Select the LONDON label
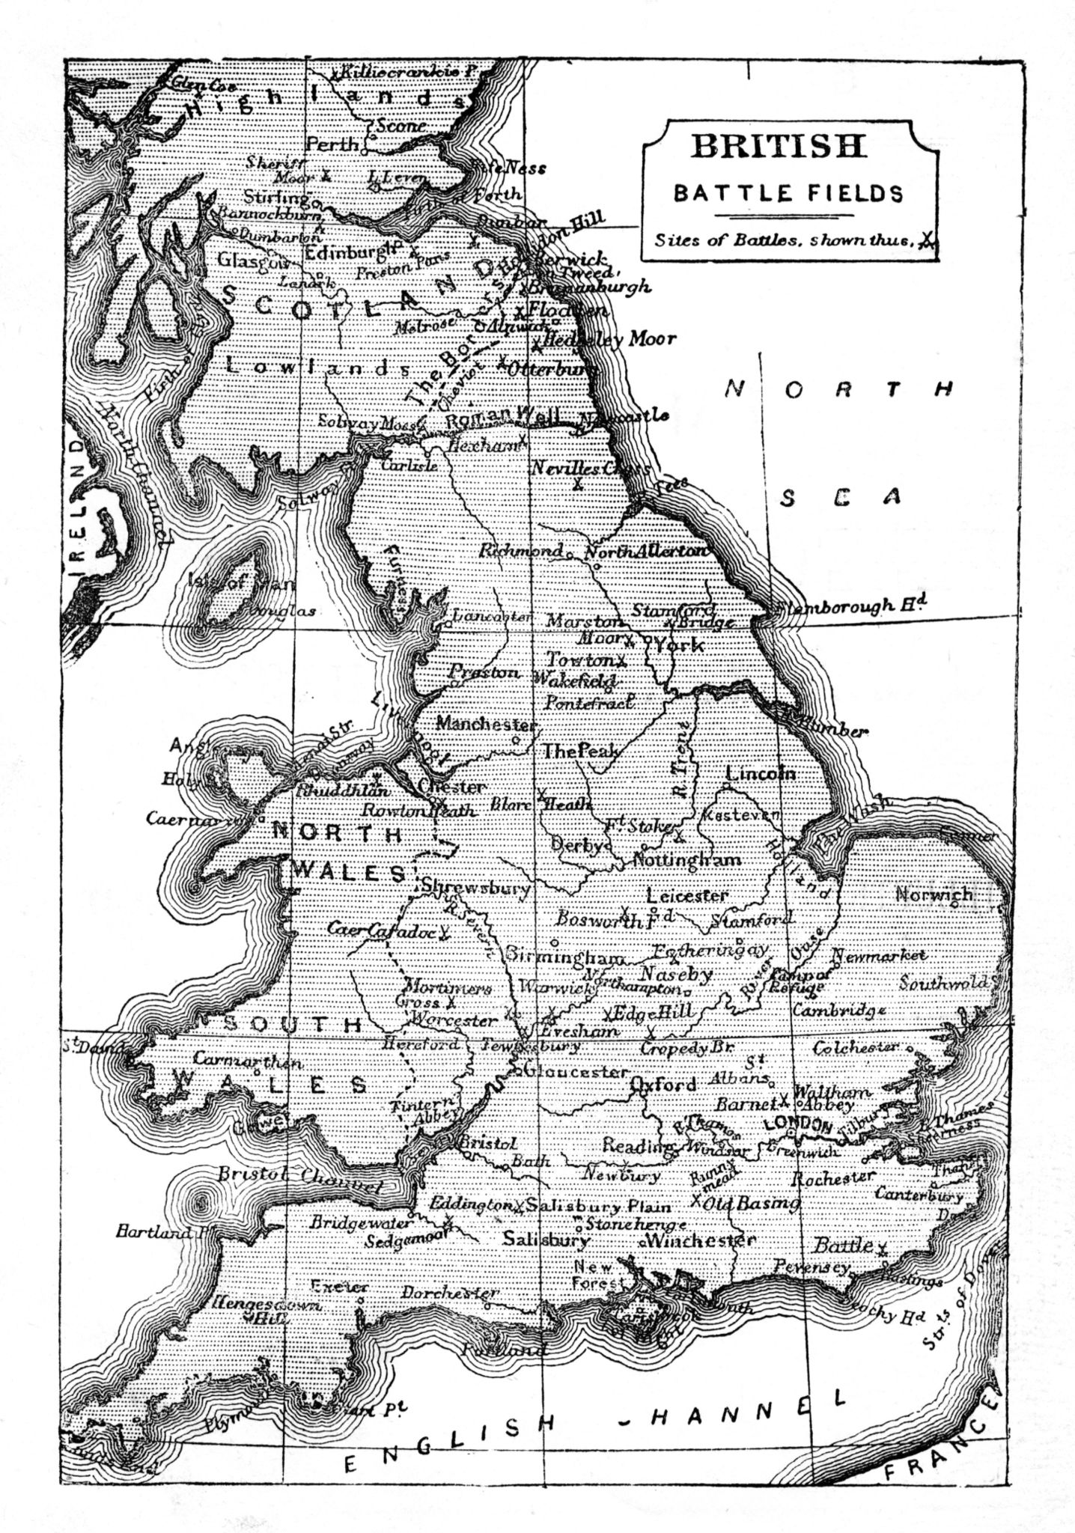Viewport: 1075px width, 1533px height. click(x=797, y=1125)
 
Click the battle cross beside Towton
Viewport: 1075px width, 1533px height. click(x=621, y=660)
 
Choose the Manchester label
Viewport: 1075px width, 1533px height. click(x=486, y=725)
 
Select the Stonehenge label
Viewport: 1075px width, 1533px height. click(x=636, y=1225)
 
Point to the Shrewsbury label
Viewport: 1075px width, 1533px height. click(x=476, y=888)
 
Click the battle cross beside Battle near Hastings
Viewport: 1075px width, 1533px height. click(x=883, y=1247)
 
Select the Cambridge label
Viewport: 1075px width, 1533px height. click(x=834, y=1010)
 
